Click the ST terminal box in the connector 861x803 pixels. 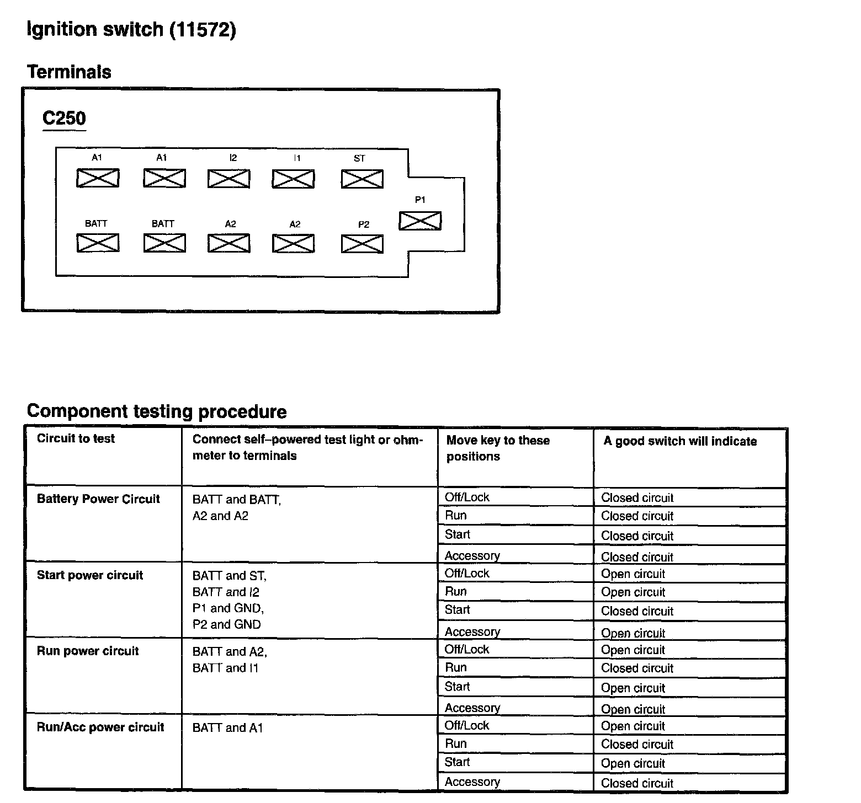(x=362, y=179)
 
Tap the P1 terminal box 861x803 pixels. (x=420, y=221)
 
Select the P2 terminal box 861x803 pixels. (x=362, y=244)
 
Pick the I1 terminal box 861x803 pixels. (x=293, y=179)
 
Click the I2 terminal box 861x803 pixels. (x=228, y=179)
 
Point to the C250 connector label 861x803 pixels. (x=64, y=119)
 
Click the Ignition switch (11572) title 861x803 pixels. (x=131, y=30)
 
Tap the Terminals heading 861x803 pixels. (x=69, y=72)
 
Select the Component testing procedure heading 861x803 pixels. (x=157, y=411)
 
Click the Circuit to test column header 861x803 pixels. (x=76, y=439)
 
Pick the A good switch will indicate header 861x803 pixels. (x=680, y=441)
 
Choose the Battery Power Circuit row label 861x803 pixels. (x=98, y=499)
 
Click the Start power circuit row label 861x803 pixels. (x=90, y=575)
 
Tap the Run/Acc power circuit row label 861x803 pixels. (x=100, y=727)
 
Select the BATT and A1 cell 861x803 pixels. (x=227, y=728)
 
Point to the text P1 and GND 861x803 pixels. (x=228, y=608)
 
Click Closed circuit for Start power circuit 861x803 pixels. (x=637, y=611)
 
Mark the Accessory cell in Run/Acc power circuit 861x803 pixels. (x=472, y=782)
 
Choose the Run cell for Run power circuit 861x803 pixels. (x=456, y=667)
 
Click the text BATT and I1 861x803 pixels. (x=225, y=668)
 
